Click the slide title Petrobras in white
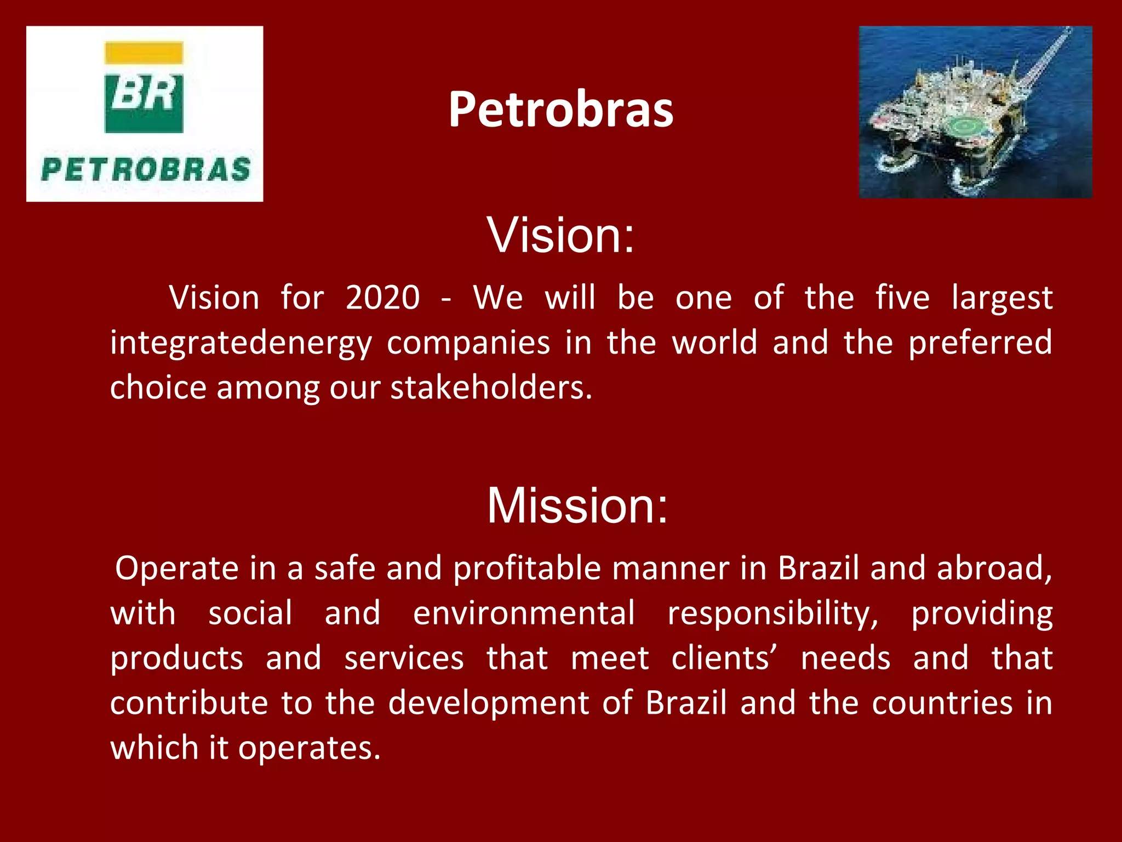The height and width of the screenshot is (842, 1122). tap(560, 110)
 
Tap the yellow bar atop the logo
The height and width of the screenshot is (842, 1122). tap(144, 52)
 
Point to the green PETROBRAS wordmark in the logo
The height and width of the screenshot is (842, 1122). tap(146, 169)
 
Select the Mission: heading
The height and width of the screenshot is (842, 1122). tap(577, 505)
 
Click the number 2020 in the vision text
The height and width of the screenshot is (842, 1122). tap(382, 298)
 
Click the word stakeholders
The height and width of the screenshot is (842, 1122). tap(491, 388)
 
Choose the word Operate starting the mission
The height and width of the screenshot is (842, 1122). tap(177, 568)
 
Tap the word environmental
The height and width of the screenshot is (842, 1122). tap(524, 613)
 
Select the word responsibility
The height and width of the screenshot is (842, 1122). tap(772, 613)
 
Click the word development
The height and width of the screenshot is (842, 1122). tap(488, 703)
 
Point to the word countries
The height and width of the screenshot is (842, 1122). tap(942, 703)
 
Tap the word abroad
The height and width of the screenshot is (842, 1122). tap(994, 568)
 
